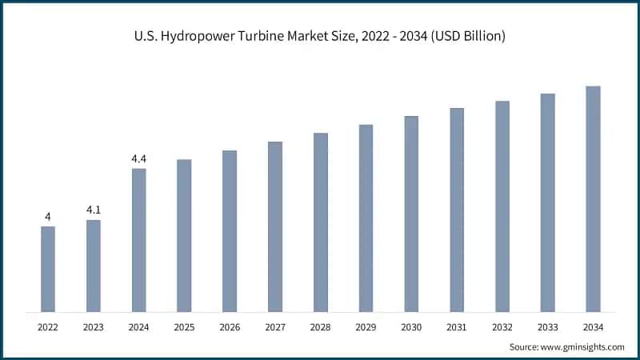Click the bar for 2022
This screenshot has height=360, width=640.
pyautogui.click(x=48, y=269)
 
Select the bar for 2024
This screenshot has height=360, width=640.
pyautogui.click(x=139, y=240)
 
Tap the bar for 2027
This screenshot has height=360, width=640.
pyautogui.click(x=275, y=226)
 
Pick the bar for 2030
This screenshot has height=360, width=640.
pyautogui.click(x=411, y=214)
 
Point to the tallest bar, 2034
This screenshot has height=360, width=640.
pyautogui.click(x=593, y=198)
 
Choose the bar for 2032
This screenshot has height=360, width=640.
pyautogui.click(x=502, y=206)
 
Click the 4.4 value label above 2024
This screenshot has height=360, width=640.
pyautogui.click(x=139, y=158)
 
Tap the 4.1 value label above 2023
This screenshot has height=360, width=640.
pyautogui.click(x=94, y=210)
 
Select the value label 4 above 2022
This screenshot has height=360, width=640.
pyautogui.click(x=48, y=217)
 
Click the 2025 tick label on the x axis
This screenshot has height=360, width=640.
pyautogui.click(x=184, y=326)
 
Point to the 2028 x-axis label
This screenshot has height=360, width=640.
pyautogui.click(x=320, y=326)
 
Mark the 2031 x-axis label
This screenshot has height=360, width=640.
pyautogui.click(x=457, y=326)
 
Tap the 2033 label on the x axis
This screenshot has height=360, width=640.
pyautogui.click(x=547, y=326)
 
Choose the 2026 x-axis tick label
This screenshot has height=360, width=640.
pyautogui.click(x=230, y=326)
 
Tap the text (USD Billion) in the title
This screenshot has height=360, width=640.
pyautogui.click(x=465, y=36)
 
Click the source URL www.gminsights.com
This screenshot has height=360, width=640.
pyautogui.click(x=582, y=346)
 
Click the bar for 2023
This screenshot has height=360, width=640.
pyautogui.click(x=94, y=266)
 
